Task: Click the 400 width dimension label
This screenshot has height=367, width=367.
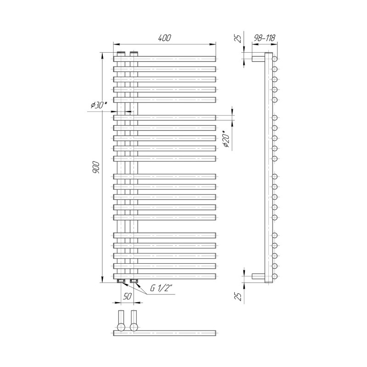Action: (x=165, y=38)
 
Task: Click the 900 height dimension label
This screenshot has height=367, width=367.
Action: (x=96, y=167)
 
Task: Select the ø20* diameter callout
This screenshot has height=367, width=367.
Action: (x=227, y=139)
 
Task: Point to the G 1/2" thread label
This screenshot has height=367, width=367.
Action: (x=160, y=289)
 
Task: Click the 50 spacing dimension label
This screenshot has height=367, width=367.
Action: (x=127, y=296)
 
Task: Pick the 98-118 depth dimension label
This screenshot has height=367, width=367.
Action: (x=265, y=38)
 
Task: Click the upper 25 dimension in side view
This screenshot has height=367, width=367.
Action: (x=238, y=39)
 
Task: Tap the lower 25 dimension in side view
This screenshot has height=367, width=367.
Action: (x=238, y=296)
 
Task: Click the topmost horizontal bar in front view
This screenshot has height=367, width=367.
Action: (x=165, y=59)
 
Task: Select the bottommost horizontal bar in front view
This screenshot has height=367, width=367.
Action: (x=165, y=276)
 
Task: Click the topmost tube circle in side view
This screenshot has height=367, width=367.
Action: (x=275, y=59)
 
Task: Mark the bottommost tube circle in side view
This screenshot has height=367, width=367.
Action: (x=275, y=276)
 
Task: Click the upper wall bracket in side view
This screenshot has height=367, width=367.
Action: (x=258, y=59)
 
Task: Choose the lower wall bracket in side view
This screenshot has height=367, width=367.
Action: (x=258, y=276)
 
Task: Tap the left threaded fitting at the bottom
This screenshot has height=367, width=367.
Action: (x=121, y=281)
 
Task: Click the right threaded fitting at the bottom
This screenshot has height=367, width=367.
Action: (x=133, y=281)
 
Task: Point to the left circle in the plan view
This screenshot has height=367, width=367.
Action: (x=121, y=327)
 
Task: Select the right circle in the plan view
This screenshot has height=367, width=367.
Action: (x=133, y=327)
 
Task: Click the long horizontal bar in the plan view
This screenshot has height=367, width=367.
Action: (x=165, y=334)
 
